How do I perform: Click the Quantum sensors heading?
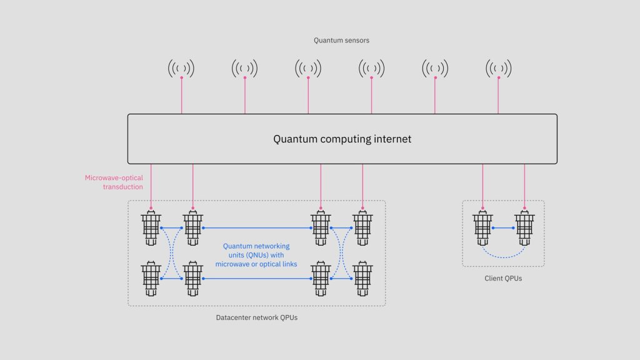click(x=342, y=41)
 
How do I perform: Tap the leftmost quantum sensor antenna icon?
click(x=181, y=68)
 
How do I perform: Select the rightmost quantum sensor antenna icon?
click(x=498, y=68)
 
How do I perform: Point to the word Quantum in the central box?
click(x=295, y=139)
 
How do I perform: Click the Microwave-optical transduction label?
click(x=114, y=182)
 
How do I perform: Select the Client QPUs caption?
click(x=503, y=278)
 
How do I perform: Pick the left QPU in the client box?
click(x=482, y=227)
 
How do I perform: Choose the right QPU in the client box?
click(x=524, y=227)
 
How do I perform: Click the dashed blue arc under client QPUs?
click(x=504, y=256)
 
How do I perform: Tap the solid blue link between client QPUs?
click(x=504, y=228)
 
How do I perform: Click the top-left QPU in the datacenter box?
click(x=151, y=228)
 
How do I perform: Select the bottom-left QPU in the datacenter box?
click(x=151, y=278)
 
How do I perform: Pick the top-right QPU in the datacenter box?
click(x=362, y=228)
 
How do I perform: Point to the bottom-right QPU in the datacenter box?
click(x=362, y=278)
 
